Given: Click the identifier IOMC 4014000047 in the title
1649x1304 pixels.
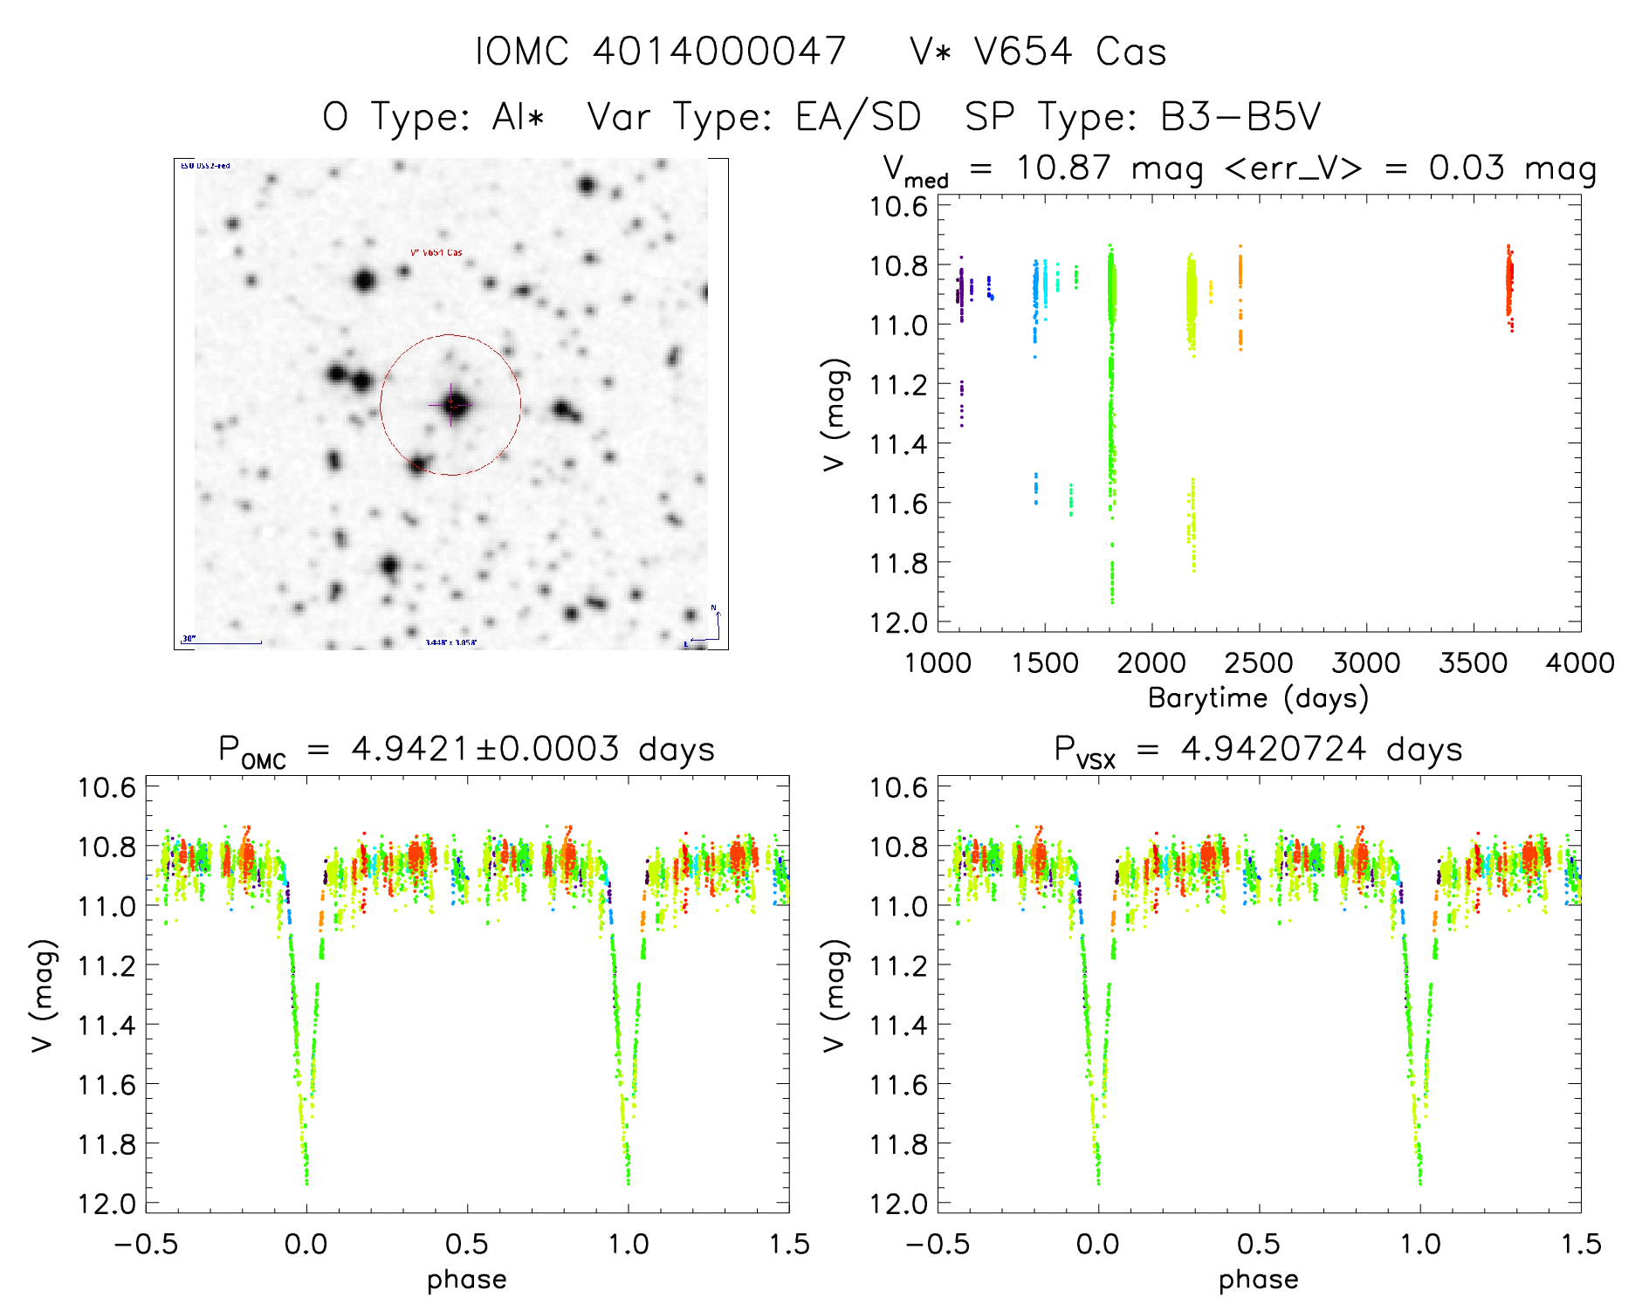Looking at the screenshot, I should [x=661, y=51].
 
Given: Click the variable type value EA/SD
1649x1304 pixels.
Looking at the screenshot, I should [x=858, y=117].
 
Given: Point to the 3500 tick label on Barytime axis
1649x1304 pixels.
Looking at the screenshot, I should [x=1473, y=662].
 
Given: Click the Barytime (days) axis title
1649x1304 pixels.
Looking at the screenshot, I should [x=1258, y=698].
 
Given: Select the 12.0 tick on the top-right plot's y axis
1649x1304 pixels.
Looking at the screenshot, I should [x=897, y=622].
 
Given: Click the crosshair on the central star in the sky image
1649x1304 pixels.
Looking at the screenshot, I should [x=451, y=405].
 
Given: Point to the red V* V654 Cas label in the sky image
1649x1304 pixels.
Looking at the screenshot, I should [x=436, y=253].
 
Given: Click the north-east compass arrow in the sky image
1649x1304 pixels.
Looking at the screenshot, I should [x=707, y=628].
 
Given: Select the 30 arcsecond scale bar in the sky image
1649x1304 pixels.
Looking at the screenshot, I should [x=223, y=642].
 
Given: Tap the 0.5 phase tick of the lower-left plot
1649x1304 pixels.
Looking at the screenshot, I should [x=467, y=1244].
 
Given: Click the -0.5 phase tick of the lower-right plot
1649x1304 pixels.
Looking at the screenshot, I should [x=938, y=1244].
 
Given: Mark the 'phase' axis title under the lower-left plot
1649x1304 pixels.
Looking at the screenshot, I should [x=466, y=1280].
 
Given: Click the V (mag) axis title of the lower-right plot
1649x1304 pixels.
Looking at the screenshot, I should [x=835, y=996].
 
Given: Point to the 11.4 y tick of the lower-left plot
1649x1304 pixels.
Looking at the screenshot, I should [x=106, y=1024].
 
